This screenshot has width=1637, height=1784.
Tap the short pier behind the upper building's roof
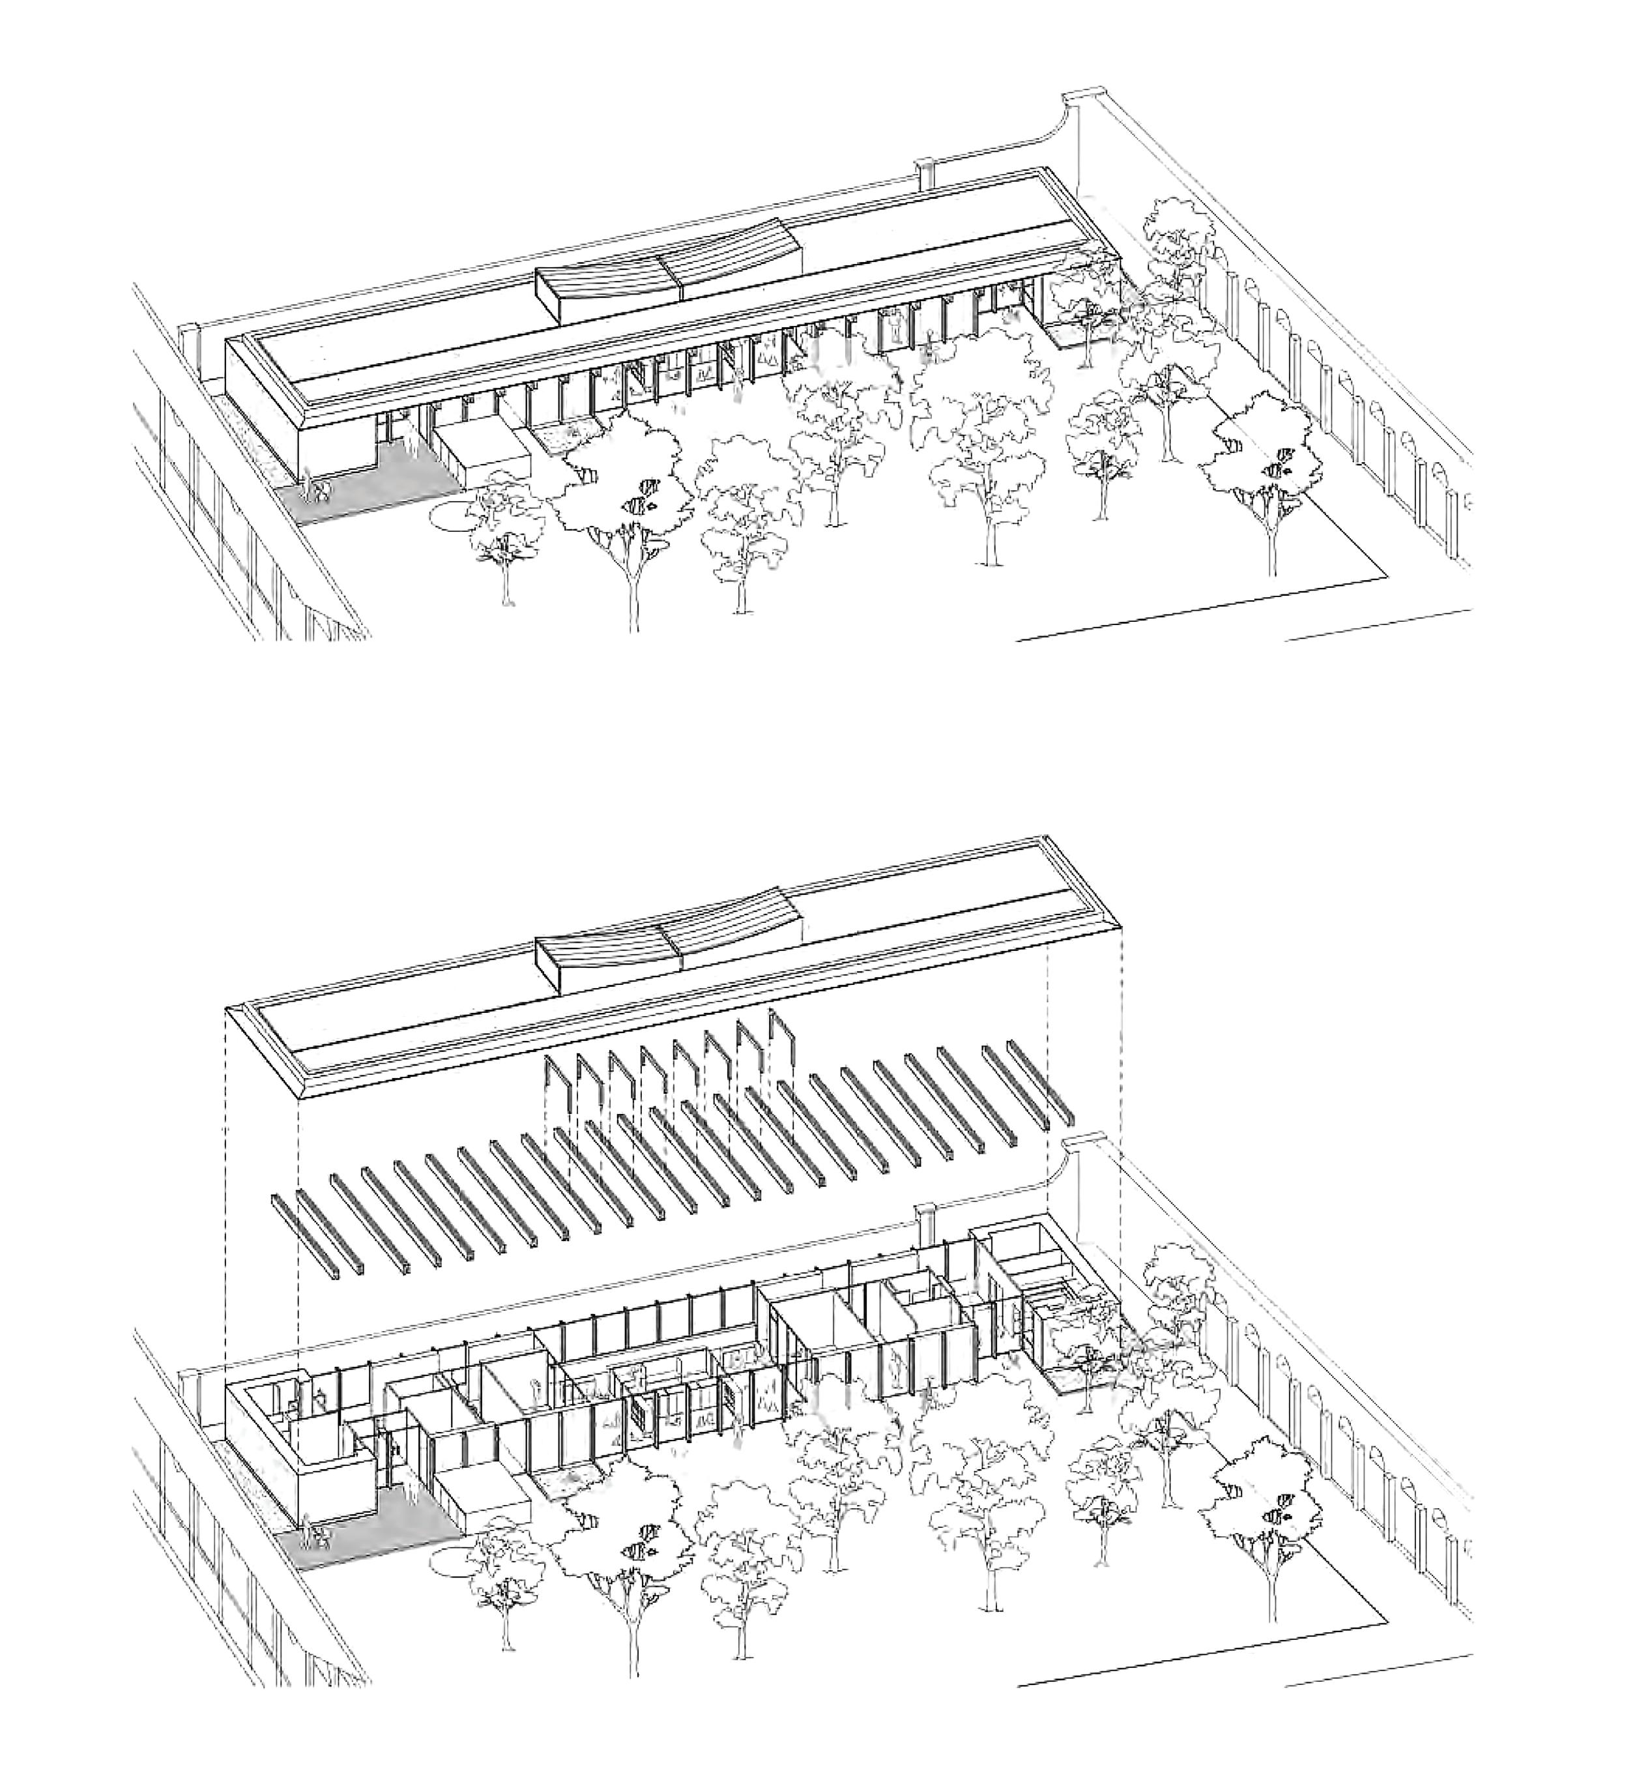tap(925, 173)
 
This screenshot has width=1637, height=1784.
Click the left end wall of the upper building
tap(261, 403)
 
